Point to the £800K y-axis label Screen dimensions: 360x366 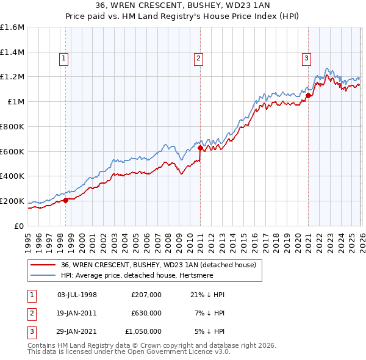click(12, 126)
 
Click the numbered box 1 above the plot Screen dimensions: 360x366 click(64, 59)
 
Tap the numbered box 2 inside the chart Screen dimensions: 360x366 click(199, 59)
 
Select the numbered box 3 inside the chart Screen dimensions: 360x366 click(306, 59)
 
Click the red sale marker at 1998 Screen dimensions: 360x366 click(65, 200)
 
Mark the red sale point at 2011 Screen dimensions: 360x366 click(200, 148)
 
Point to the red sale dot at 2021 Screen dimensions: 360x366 click(308, 95)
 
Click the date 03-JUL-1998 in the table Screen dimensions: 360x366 click(77, 295)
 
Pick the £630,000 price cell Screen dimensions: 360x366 click(146, 313)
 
